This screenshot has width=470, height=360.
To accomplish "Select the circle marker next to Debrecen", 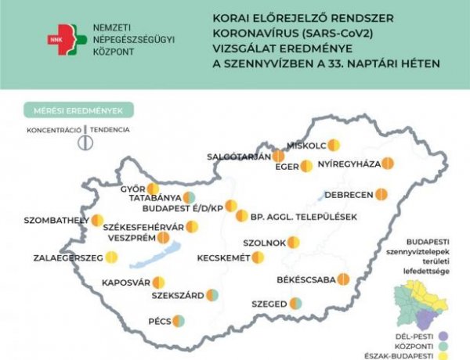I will (x=381, y=193).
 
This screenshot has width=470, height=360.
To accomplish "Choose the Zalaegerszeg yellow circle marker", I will (x=112, y=257).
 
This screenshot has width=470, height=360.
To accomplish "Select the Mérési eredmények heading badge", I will (x=78, y=110).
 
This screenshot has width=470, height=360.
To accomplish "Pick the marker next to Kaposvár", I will (x=159, y=282).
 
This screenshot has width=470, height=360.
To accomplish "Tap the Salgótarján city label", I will (x=238, y=156).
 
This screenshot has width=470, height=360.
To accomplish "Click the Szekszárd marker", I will (x=212, y=296).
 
